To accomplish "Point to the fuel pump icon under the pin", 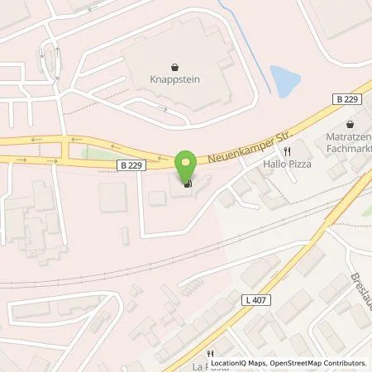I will coord(188,184).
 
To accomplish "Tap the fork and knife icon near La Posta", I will coord(213,351).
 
